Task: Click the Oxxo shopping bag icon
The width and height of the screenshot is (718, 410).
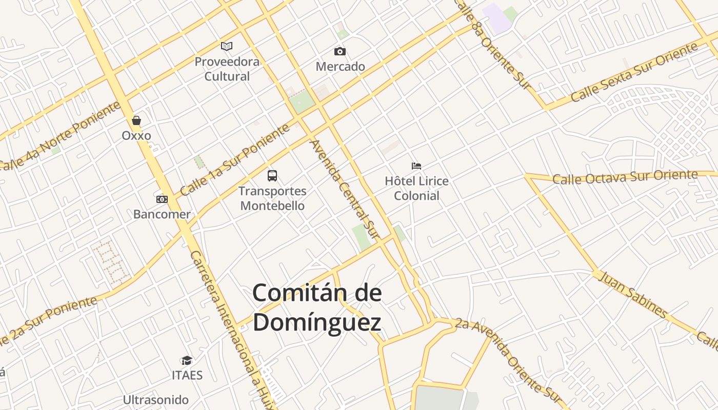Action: point(136,121)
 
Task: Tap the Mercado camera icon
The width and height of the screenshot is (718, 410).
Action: point(340,51)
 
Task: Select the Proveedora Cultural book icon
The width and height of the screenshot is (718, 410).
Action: point(227,47)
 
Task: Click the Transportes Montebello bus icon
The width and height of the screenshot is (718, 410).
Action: point(272,176)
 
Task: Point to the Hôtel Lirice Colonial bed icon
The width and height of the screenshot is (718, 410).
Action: point(416,166)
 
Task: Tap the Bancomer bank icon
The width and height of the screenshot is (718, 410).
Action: point(162,199)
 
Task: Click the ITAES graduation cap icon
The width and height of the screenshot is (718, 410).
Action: point(187,361)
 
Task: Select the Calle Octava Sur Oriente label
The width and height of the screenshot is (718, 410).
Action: point(625,177)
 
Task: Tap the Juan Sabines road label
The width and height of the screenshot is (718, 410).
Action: point(633,295)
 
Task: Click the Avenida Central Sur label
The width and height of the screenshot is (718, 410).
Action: point(344,190)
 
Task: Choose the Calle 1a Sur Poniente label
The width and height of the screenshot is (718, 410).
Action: point(235,161)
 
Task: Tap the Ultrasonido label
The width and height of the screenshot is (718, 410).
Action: point(156,400)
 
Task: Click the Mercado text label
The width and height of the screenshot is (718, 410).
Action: point(341,67)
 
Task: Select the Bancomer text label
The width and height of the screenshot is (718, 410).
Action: point(162,214)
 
